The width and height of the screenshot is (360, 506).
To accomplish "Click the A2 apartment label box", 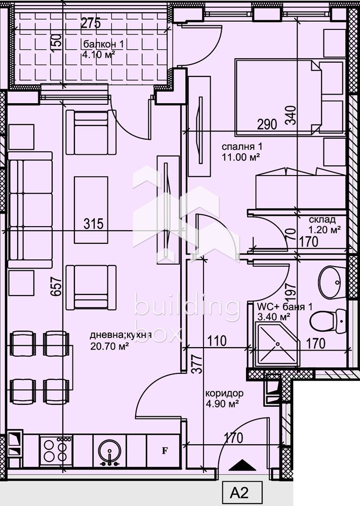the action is click(242, 493).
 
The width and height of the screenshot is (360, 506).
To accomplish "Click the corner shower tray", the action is click(277, 345).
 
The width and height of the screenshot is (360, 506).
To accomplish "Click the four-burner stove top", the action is click(56, 450).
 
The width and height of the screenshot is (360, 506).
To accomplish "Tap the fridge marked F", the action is click(164, 451).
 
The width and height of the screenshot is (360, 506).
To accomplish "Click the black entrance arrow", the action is click(242, 465).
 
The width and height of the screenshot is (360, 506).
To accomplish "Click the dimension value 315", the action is click(93, 224).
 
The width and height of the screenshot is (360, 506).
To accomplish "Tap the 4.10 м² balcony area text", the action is click(98, 54).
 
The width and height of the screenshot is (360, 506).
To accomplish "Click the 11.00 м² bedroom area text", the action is click(241, 157).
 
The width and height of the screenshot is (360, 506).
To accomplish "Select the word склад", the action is click(322, 220).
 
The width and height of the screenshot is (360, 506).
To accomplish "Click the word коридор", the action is click(224, 393).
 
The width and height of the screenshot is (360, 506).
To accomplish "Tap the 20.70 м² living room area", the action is click(109, 346).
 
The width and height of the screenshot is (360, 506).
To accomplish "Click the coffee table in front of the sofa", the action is click(91, 210).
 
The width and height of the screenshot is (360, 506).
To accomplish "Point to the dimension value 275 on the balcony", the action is click(91, 23).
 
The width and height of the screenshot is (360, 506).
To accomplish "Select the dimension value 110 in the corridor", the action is click(217, 341).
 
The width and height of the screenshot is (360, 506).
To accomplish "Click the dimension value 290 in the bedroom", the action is click(267, 124).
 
